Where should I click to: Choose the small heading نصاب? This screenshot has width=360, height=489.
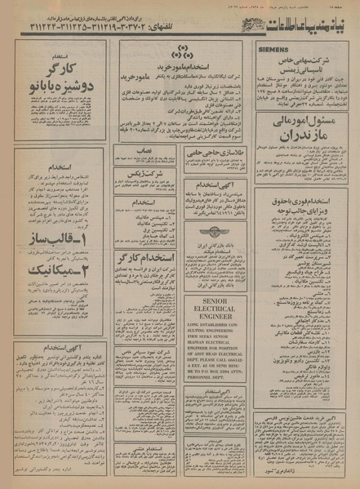[x=144, y=152]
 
